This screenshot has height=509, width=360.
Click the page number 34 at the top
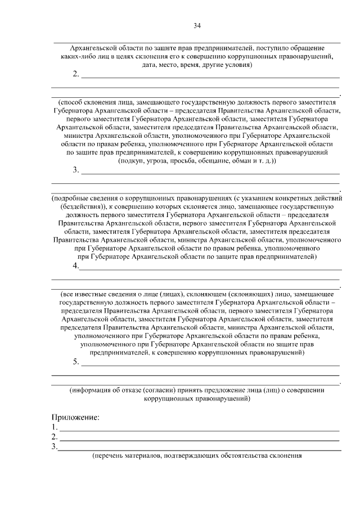197,25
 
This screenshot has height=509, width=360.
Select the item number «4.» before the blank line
76,266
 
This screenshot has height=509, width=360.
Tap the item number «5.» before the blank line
76,362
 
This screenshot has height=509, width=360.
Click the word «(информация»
93,390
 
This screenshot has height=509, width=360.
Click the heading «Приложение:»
75,417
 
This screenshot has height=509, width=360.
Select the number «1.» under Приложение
54,427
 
